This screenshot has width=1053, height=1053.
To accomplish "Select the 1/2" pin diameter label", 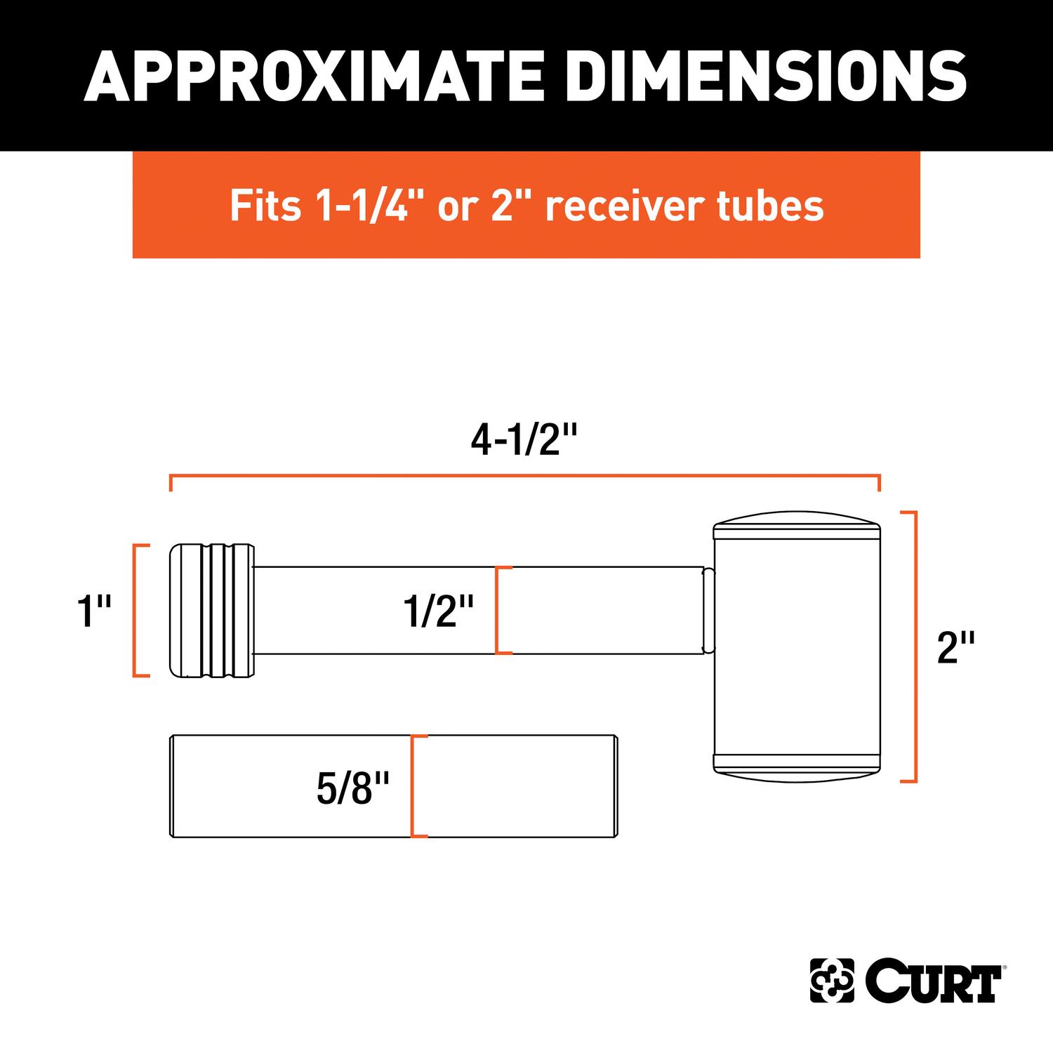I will tap(439, 611).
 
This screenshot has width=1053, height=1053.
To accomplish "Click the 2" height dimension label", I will tap(955, 648).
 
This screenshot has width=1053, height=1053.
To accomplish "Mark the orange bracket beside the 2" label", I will tap(913, 647).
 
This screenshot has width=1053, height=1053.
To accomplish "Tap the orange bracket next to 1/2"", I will tap(498, 611).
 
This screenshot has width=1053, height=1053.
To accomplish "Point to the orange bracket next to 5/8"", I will tap(414, 786).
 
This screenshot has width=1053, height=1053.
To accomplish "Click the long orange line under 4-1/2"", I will tap(525, 477).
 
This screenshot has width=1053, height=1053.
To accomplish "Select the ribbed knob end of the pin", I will tap(211, 610).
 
